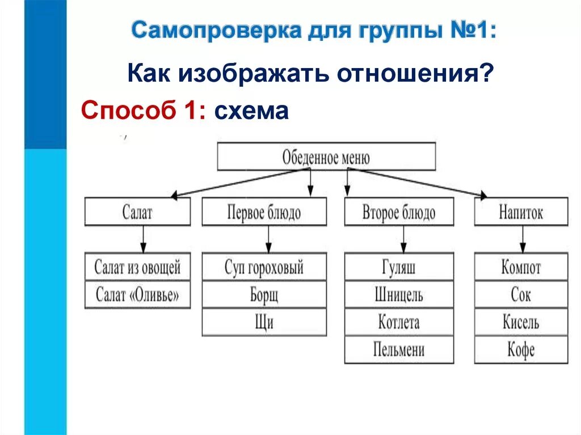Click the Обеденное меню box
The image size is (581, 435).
326,157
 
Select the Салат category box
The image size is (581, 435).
137,212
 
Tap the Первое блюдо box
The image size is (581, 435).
264,212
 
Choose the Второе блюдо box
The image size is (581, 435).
399,212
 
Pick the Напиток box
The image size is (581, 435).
521,212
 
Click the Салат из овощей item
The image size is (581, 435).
137,267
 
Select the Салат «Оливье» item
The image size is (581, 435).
137,295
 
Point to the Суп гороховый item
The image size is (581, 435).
264,267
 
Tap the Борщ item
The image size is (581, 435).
264,295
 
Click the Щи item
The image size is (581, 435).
264,322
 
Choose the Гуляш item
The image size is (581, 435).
399,267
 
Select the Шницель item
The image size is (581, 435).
399,295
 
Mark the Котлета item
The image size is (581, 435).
399,322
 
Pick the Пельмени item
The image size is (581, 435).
399,349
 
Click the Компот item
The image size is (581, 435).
521,267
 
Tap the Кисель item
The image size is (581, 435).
521,322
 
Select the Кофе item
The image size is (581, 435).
521,349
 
